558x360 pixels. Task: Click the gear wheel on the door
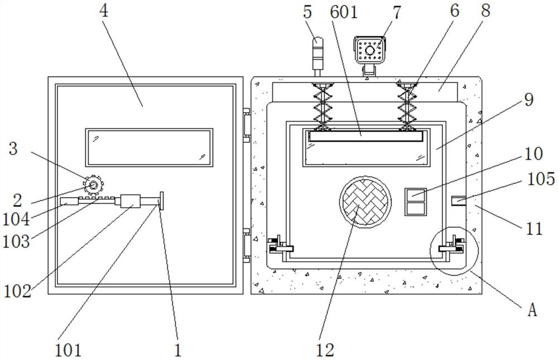click(93, 185)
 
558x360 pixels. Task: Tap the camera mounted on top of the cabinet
click(370, 54)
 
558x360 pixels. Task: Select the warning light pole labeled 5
click(317, 56)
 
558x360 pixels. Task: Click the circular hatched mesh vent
click(365, 201)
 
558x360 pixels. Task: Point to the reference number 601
click(344, 12)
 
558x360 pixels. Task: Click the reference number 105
click(541, 179)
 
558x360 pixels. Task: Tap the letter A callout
click(532, 310)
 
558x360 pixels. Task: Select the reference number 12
click(325, 349)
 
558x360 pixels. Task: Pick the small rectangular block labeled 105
click(459, 200)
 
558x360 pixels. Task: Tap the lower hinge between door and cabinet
click(247, 246)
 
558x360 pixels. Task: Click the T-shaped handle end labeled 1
click(161, 201)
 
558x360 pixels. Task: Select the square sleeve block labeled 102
click(130, 201)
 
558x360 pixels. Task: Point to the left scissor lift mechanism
click(323, 107)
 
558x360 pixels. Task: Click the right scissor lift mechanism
click(407, 107)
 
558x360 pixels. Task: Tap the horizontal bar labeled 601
click(366, 136)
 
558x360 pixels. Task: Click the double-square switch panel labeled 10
click(416, 202)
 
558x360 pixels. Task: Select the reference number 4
click(103, 11)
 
